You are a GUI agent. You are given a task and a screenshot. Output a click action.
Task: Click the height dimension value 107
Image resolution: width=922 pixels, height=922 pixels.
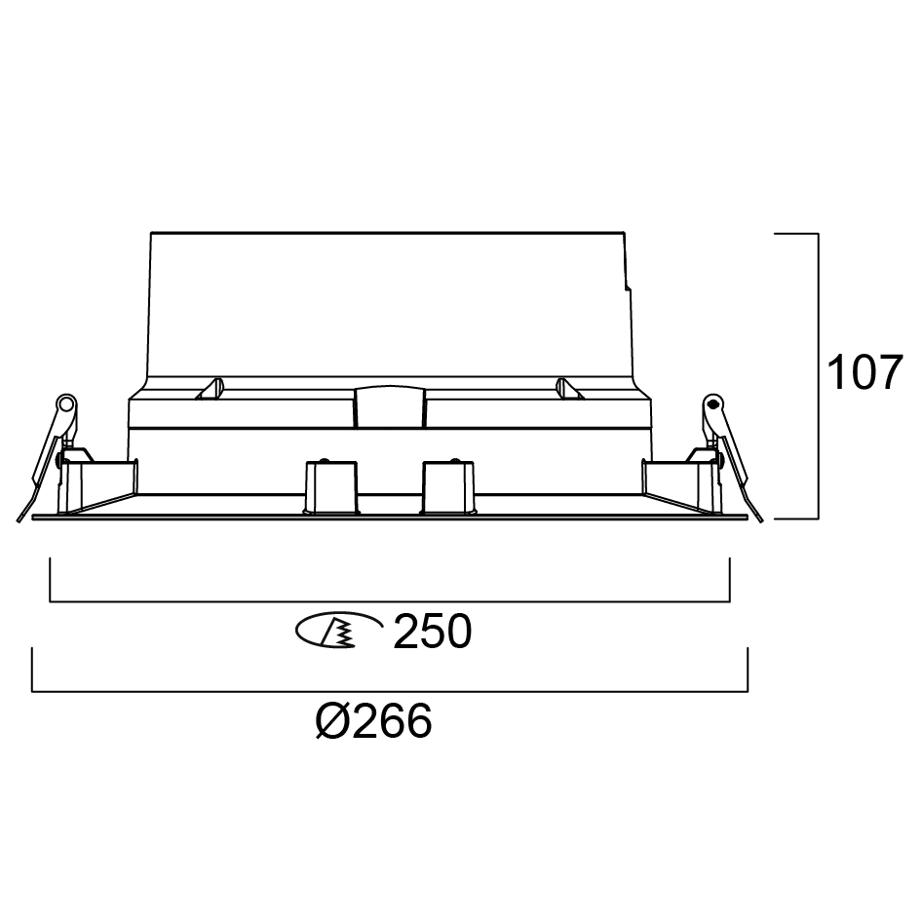point(864,372)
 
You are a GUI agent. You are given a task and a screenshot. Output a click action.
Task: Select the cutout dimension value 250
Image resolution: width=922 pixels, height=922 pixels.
point(432,632)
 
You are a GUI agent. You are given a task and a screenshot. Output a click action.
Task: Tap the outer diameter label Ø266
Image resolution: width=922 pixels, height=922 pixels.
point(374,721)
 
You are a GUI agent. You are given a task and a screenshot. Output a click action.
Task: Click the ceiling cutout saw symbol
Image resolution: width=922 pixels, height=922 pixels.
point(338,631)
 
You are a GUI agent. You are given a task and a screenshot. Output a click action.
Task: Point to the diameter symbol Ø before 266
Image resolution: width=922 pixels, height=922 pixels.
point(333,721)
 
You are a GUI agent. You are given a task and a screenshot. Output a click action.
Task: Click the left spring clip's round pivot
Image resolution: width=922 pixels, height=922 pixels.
point(66,403)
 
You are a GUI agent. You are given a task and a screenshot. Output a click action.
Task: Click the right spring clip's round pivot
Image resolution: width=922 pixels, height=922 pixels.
point(713,403)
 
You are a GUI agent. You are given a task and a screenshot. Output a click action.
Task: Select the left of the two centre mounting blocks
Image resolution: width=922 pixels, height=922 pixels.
point(330,487)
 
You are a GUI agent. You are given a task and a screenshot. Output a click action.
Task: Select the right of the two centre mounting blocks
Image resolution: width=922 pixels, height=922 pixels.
point(448,487)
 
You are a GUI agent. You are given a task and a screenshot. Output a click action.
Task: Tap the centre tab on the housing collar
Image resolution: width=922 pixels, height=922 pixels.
point(390,406)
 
